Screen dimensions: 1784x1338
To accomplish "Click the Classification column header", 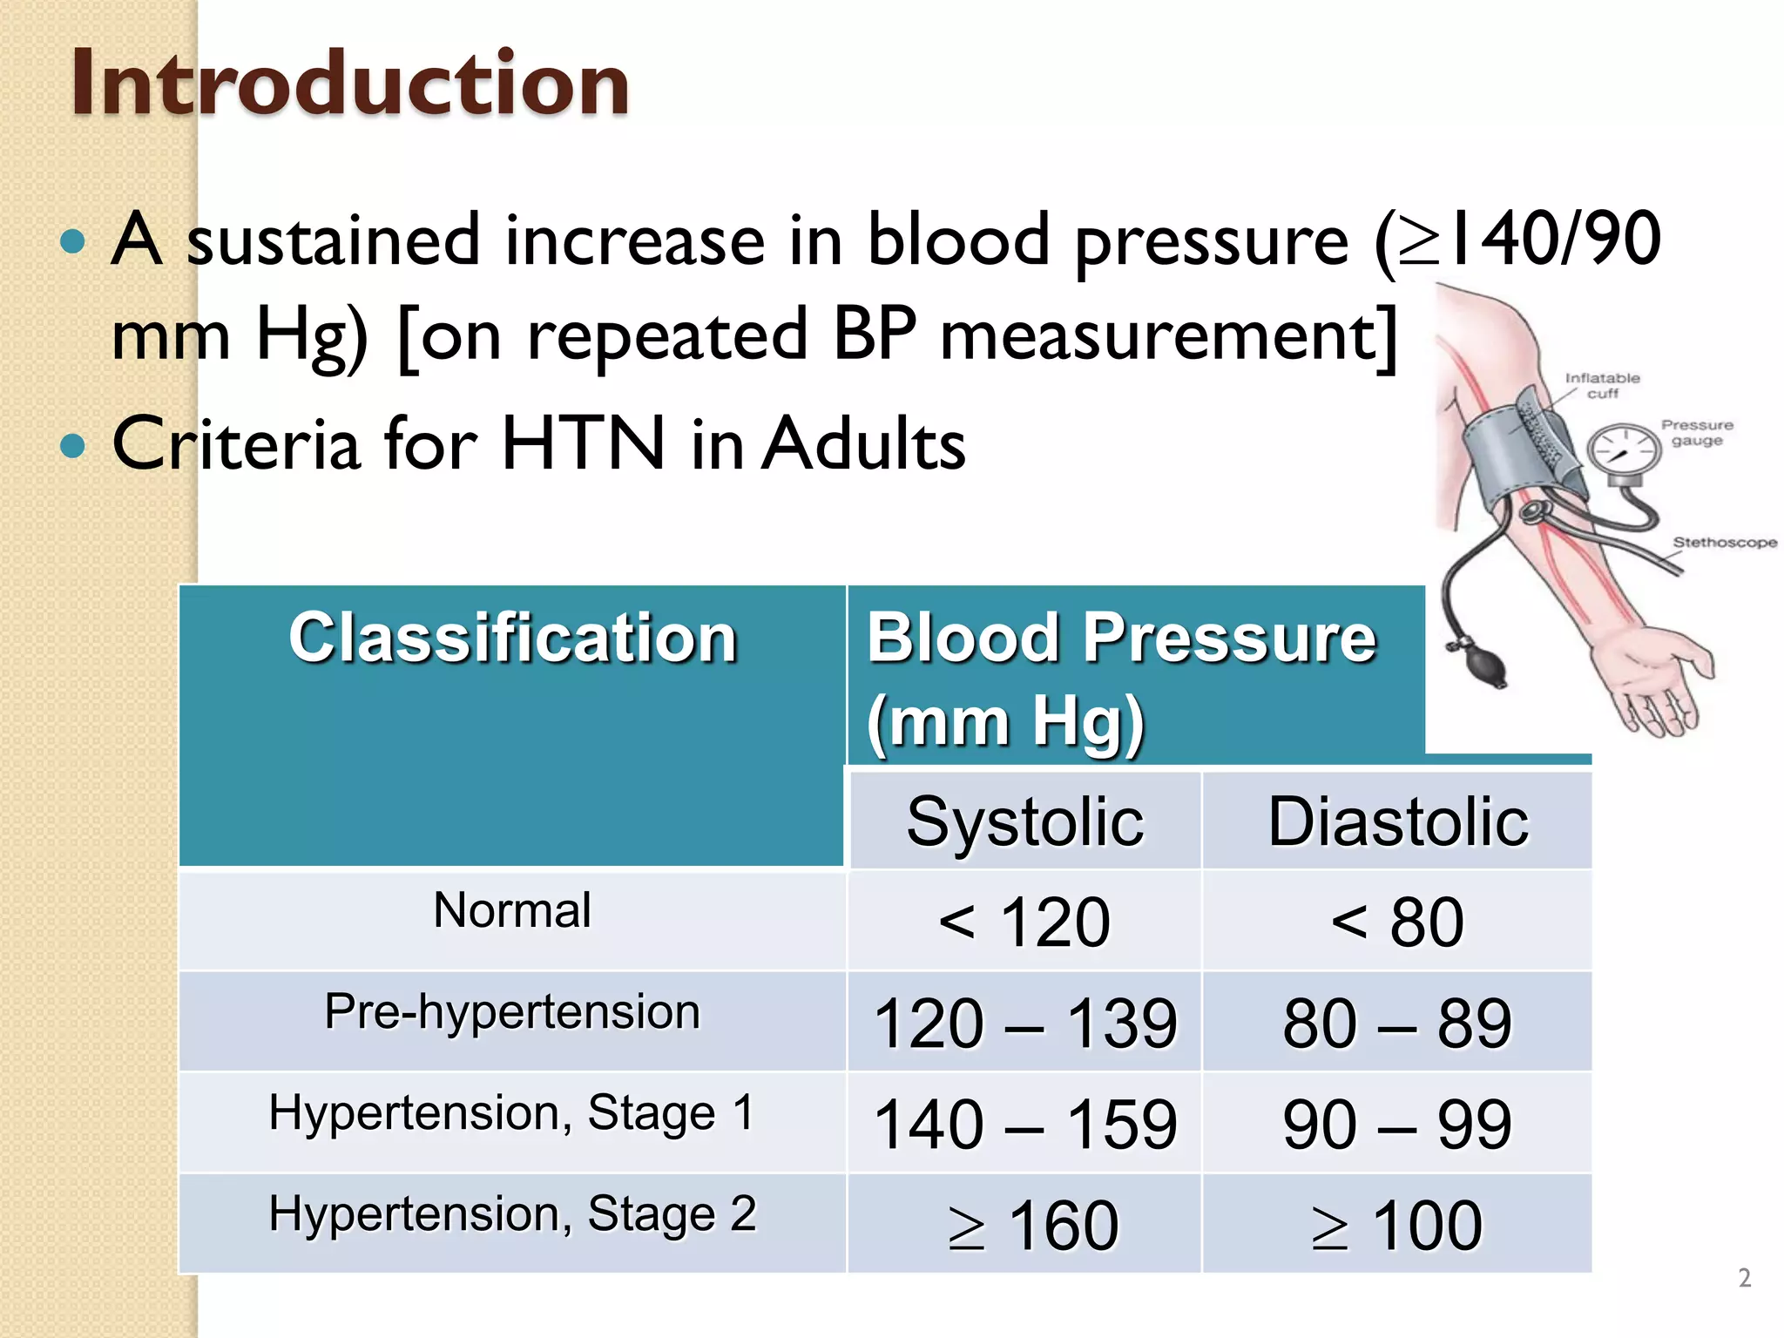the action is click(512, 638).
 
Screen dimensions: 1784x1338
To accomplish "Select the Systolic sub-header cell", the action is click(1024, 821).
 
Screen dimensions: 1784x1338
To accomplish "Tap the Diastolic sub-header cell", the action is click(1397, 821).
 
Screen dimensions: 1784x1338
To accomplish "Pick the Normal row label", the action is click(512, 911).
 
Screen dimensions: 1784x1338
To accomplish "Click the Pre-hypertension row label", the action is click(512, 1012).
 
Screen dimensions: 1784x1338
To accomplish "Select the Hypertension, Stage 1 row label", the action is click(512, 1113).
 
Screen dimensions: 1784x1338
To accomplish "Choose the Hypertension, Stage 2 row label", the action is click(512, 1214).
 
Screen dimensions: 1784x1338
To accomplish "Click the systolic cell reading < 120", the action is click(1024, 922).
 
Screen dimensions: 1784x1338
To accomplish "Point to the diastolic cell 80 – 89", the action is click(1397, 1023).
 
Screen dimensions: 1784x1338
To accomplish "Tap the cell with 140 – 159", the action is click(1024, 1124).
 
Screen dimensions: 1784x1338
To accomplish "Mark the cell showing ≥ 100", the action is click(1397, 1225).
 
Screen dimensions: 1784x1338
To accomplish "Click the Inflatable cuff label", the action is click(1602, 385).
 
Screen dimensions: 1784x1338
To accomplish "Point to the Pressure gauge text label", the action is click(1696, 432).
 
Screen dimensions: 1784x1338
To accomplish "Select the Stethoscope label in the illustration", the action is click(1724, 542).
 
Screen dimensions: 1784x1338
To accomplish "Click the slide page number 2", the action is click(1744, 1278).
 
